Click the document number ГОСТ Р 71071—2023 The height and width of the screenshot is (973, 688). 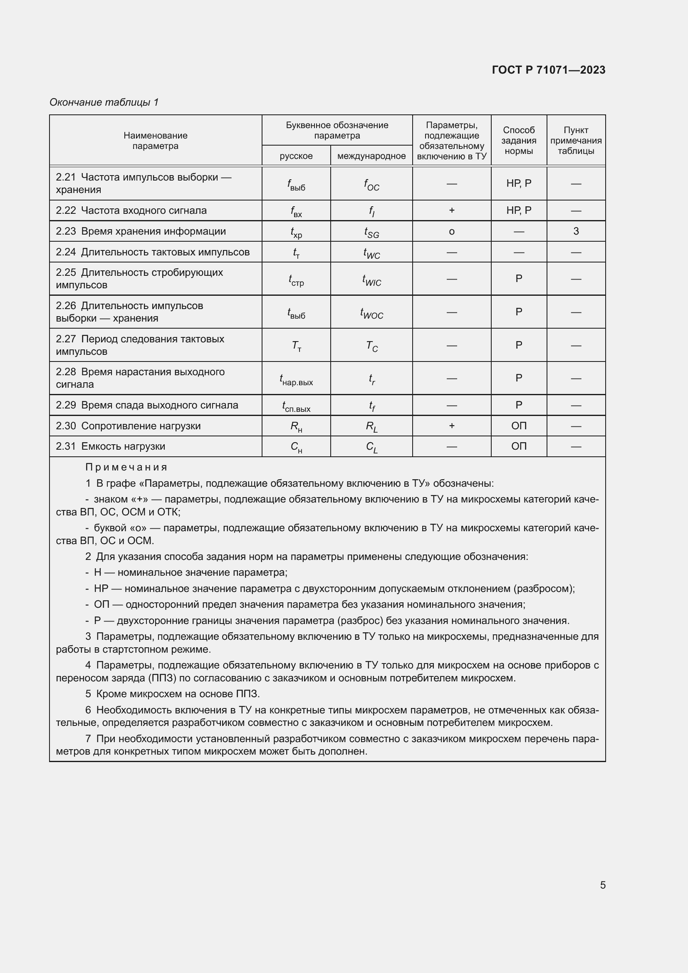(548, 70)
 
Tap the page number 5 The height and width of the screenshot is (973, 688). (602, 884)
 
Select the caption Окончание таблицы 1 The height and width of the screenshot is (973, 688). (104, 102)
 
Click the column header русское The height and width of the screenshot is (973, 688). (296, 156)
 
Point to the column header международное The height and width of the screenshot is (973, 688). (371, 156)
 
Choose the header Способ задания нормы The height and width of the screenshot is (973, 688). (519, 140)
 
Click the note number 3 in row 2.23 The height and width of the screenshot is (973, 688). (576, 231)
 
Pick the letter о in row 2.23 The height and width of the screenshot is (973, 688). (452, 231)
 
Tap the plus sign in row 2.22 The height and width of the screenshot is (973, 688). (452, 210)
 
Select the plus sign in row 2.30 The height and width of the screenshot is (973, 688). (452, 426)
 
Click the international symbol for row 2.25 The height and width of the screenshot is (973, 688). (371, 280)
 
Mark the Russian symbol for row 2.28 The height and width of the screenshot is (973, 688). (296, 379)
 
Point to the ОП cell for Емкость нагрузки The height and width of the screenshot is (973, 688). (519, 446)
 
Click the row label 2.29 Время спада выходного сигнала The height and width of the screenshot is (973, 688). (147, 405)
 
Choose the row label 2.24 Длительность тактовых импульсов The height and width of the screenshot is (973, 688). (153, 252)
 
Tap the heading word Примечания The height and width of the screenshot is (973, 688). (126, 467)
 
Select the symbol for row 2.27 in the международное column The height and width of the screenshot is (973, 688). (371, 346)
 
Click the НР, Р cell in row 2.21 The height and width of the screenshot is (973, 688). (519, 183)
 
